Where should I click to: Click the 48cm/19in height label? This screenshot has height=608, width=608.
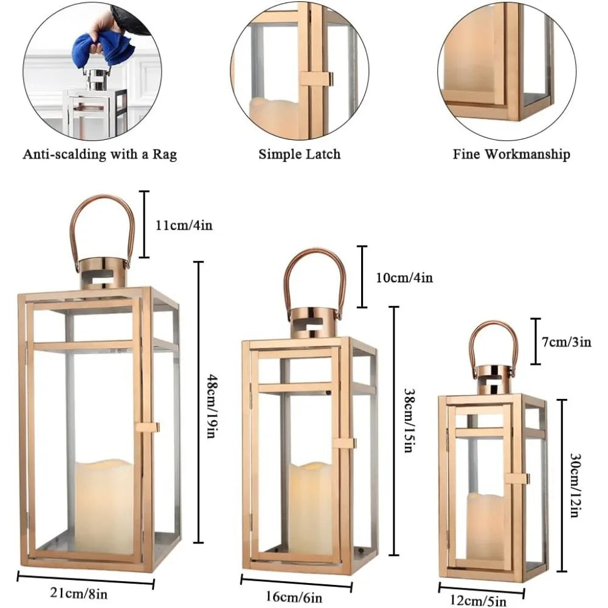point(211,405)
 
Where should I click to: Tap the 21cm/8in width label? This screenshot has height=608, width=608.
point(78,593)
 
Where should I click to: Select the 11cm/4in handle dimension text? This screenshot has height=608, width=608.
point(184,225)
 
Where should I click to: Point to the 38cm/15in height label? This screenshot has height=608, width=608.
point(408,421)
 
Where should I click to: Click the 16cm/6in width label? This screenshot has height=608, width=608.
point(294,597)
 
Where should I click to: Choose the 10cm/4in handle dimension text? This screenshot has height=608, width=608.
point(404,278)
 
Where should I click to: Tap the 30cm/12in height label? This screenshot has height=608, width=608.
point(575,485)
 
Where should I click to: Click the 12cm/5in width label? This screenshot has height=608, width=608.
point(478,601)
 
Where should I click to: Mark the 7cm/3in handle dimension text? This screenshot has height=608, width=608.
point(567,342)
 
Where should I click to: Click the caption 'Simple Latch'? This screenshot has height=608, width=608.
point(299,154)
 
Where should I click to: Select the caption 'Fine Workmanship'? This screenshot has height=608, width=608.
point(511,154)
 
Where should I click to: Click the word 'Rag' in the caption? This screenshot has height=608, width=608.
point(164,154)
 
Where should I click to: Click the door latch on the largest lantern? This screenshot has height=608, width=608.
point(147,427)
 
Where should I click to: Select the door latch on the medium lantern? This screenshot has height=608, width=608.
point(343,443)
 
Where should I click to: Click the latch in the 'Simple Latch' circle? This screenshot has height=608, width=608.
point(317,78)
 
